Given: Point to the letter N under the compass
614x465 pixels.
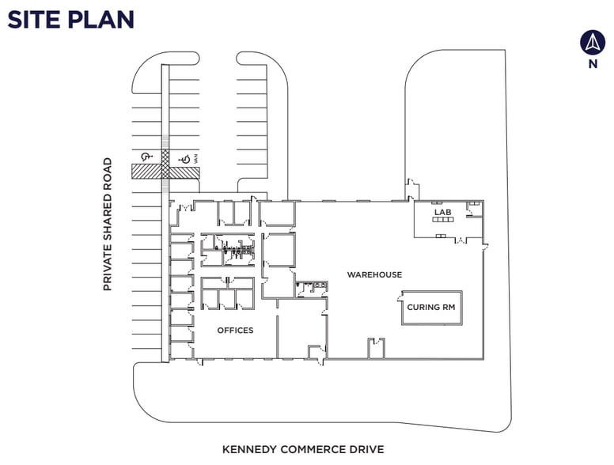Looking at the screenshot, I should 592,65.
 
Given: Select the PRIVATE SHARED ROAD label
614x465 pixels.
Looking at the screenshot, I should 108,225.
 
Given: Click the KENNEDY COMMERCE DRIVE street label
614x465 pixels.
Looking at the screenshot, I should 303,449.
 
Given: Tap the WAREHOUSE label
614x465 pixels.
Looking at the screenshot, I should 374,274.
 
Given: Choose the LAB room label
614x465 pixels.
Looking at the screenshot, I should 441,212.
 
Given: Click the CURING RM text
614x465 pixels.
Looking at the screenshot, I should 431,307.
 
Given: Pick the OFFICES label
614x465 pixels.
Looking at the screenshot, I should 235,330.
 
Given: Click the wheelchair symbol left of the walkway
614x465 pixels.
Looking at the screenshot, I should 146,157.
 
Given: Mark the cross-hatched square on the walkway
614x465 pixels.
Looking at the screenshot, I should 165,157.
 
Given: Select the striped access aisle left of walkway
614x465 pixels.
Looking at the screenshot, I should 146,171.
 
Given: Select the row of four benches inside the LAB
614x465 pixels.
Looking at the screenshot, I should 442,221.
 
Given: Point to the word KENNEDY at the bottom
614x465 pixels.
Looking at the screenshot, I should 248,449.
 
